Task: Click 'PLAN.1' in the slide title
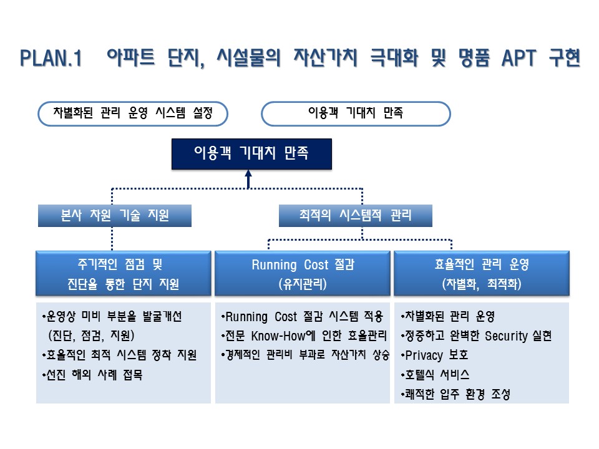(x=51, y=59)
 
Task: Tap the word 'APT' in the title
(x=519, y=59)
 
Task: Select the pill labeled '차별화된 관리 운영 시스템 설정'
(x=133, y=113)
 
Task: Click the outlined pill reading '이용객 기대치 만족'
(x=356, y=113)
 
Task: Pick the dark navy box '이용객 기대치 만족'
(x=251, y=153)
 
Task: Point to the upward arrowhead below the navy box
(x=248, y=174)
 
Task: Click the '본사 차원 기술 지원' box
(x=115, y=215)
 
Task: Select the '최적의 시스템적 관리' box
(x=355, y=215)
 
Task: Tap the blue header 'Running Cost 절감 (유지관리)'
(x=302, y=273)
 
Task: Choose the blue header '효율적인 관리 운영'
(x=481, y=273)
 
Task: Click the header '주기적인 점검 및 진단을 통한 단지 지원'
(x=123, y=273)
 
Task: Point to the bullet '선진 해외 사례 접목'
(x=92, y=375)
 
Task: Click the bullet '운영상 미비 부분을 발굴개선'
(x=112, y=317)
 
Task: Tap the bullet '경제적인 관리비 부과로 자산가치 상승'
(x=305, y=355)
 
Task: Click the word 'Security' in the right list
(x=506, y=336)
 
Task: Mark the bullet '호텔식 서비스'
(x=435, y=375)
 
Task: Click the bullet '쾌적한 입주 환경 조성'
(x=455, y=394)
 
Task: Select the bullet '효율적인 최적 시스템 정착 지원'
(x=119, y=355)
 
